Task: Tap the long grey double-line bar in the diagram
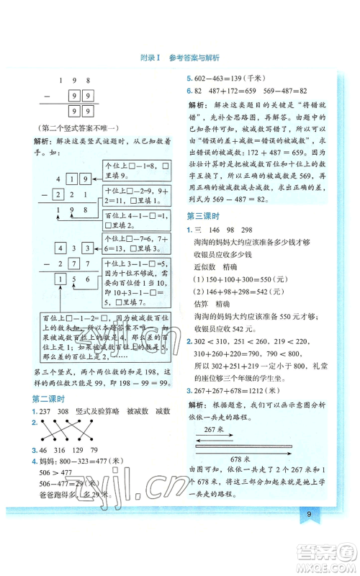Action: click(248, 448)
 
